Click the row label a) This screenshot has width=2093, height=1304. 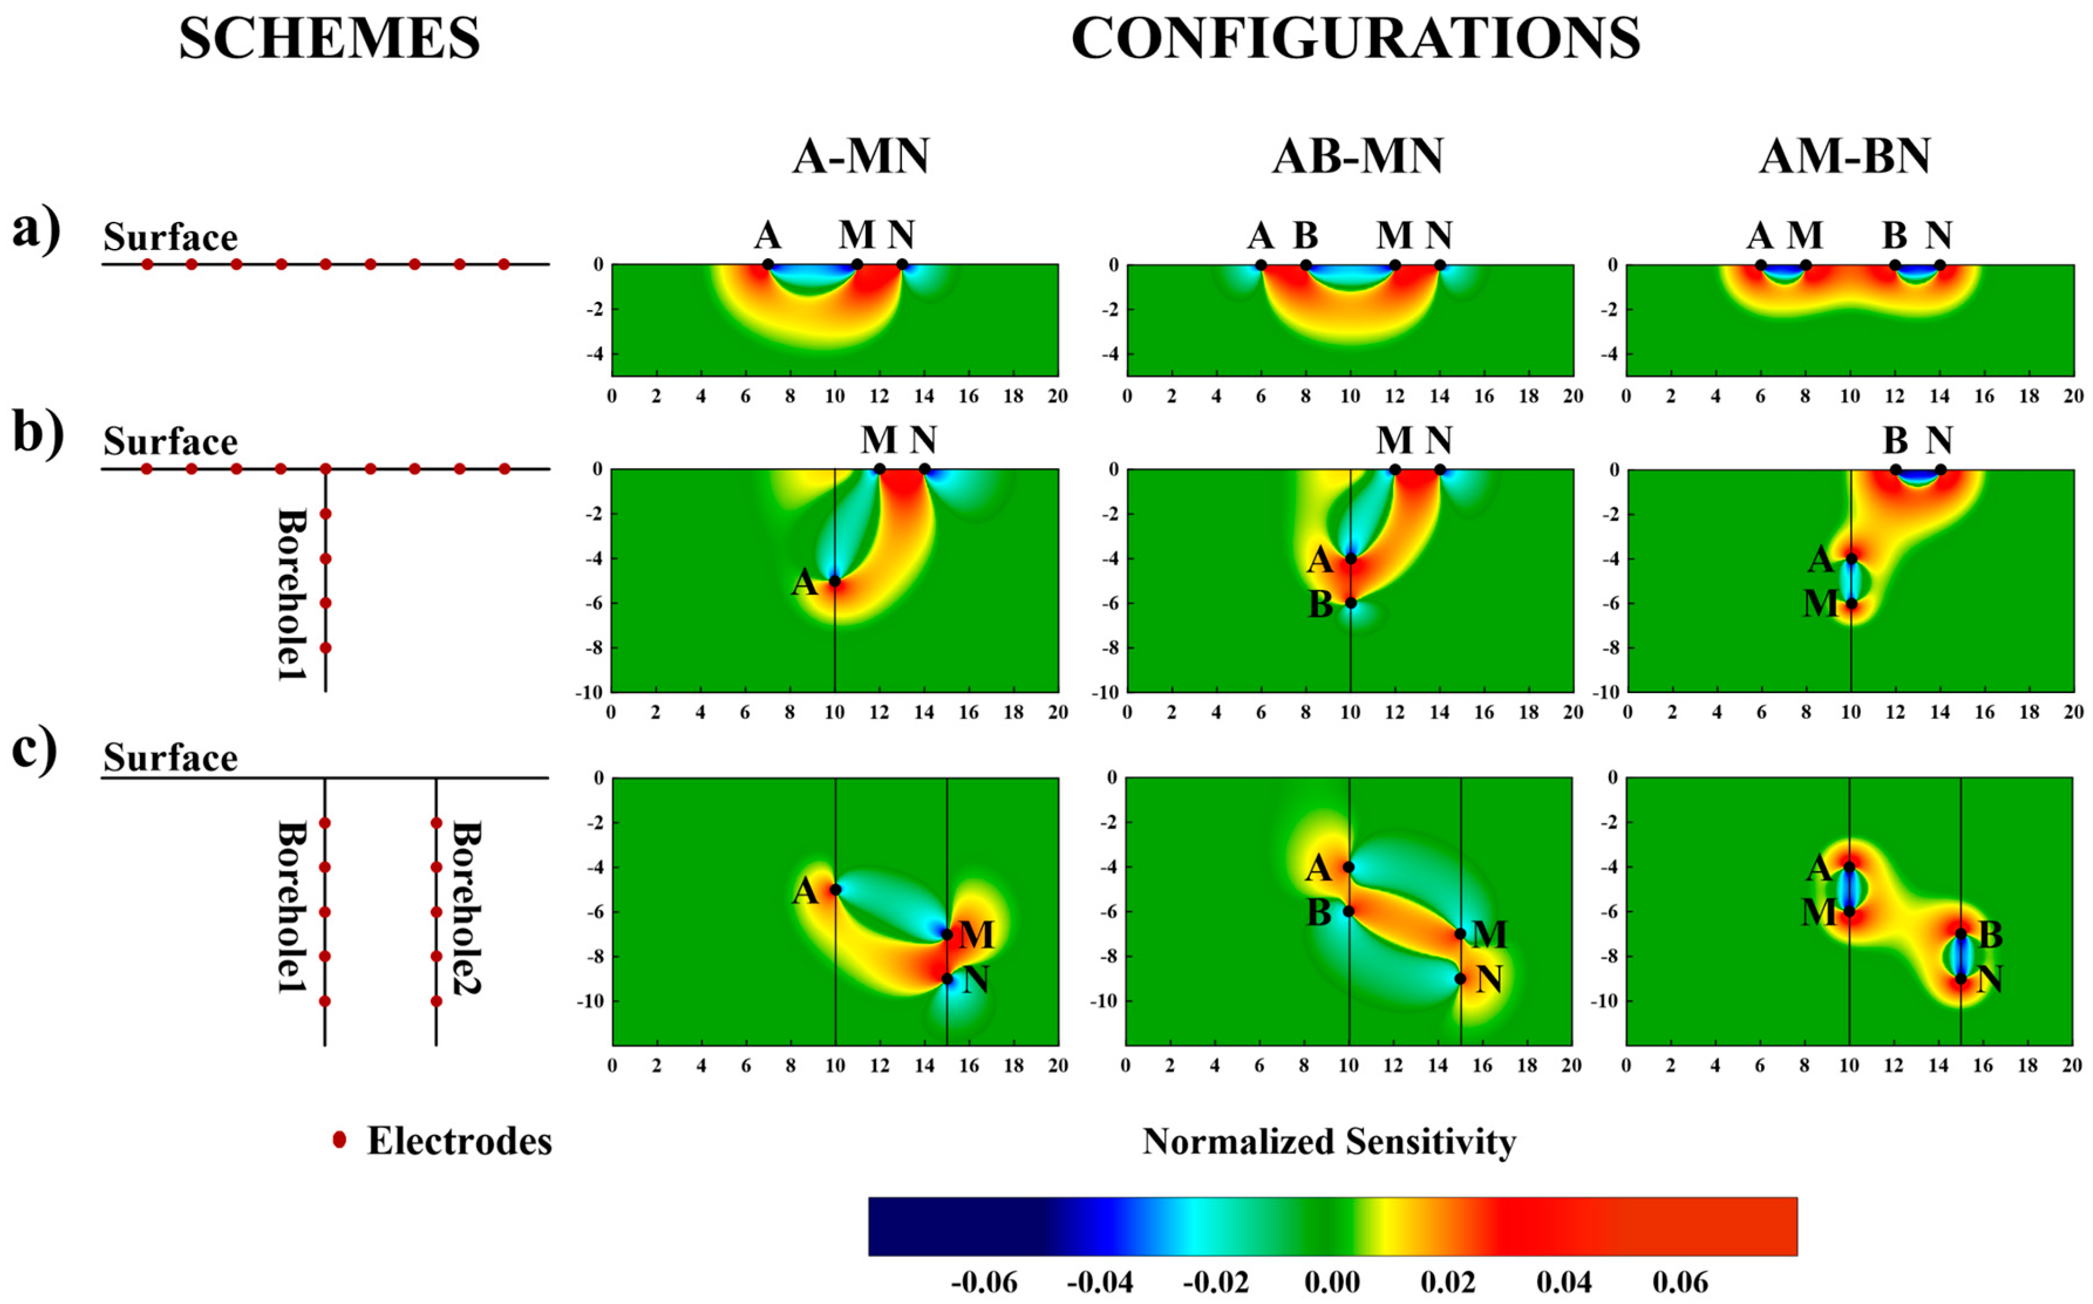36,230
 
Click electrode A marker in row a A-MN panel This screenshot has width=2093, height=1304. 768,265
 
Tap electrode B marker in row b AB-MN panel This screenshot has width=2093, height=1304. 1350,603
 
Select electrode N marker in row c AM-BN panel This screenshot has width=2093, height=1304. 1960,979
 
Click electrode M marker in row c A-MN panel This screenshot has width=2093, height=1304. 947,934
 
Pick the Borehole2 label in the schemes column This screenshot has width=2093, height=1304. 466,907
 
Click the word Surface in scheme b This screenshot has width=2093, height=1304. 170,442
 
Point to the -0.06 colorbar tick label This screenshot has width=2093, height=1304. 983,1282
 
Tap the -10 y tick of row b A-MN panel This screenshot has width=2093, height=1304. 588,692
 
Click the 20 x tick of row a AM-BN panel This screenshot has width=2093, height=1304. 2072,396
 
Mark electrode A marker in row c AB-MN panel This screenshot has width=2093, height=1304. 1349,867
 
